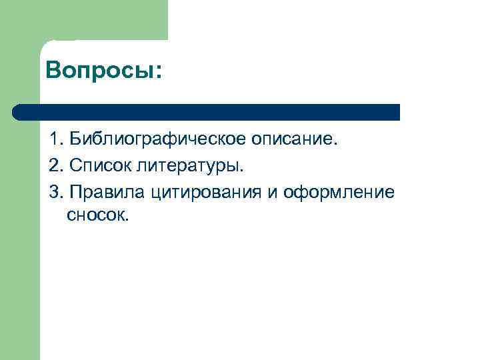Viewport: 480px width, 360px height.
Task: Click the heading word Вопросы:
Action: [103, 70]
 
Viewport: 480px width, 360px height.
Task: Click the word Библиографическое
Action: [159, 141]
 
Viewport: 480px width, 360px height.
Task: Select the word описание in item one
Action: [295, 141]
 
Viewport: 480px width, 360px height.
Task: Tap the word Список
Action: [95, 167]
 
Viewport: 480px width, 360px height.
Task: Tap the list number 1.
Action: [53, 141]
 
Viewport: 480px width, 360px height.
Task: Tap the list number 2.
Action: [53, 167]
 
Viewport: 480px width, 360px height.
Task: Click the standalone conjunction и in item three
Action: [273, 193]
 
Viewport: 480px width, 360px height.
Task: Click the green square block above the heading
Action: [103, 20]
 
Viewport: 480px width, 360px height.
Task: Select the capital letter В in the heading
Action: [54, 70]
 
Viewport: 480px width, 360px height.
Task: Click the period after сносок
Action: [124, 219]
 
